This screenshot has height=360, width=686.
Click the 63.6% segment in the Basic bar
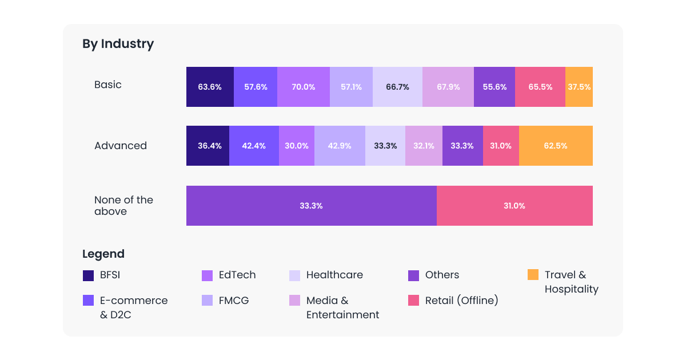tap(210, 87)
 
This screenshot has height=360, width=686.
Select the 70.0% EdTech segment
tap(303, 87)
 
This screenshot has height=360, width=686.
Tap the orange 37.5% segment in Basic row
tap(579, 87)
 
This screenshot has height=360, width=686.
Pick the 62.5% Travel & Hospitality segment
tap(556, 146)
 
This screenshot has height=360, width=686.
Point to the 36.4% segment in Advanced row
tap(208, 146)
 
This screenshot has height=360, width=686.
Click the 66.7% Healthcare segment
tap(397, 87)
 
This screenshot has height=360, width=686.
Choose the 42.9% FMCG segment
tap(340, 146)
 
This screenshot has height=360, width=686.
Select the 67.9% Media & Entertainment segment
tap(448, 87)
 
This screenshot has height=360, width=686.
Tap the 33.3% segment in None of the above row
tap(311, 206)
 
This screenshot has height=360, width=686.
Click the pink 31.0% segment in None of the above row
tap(514, 206)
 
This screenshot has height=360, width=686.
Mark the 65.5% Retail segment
tap(540, 87)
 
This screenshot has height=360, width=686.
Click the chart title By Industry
tap(118, 44)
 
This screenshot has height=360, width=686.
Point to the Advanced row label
tap(121, 146)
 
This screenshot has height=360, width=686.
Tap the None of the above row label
tap(123, 206)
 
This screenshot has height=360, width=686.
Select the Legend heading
tap(103, 254)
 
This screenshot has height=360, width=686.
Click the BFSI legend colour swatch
tap(88, 275)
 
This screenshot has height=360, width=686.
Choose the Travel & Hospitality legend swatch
tap(533, 275)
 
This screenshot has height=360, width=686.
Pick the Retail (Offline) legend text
tap(461, 301)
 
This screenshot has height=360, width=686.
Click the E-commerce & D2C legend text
tap(134, 307)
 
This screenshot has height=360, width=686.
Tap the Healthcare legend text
tap(334, 275)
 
